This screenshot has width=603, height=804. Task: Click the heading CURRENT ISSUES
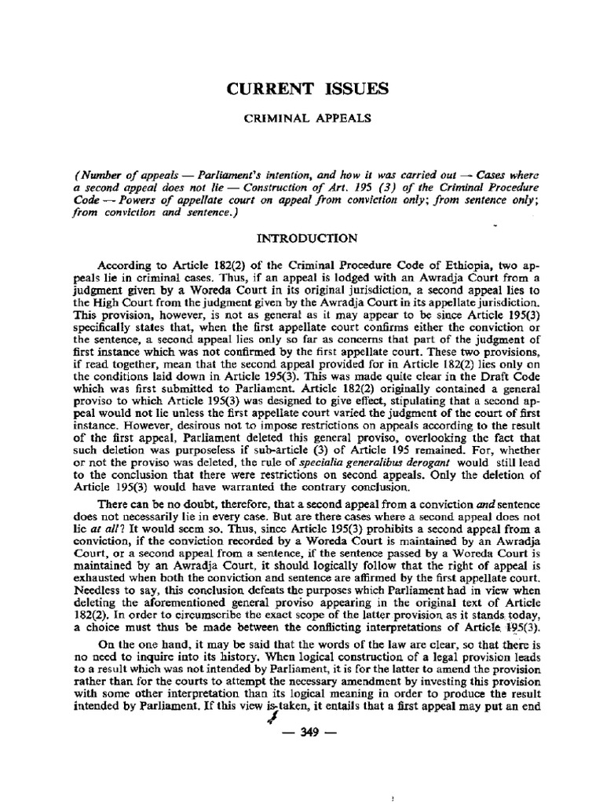tap(308, 90)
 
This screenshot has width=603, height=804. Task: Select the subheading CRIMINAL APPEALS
tap(307, 122)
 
